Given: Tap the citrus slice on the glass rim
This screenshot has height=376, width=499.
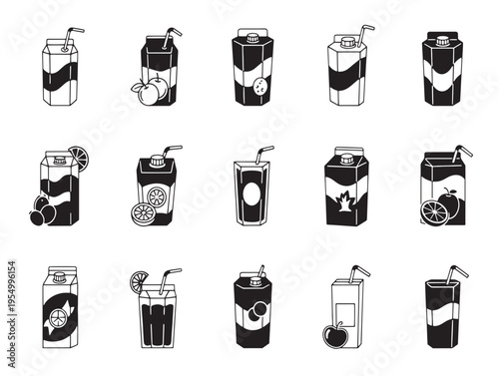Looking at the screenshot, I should coord(144,280).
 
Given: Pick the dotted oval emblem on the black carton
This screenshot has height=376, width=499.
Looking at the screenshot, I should coord(262,84).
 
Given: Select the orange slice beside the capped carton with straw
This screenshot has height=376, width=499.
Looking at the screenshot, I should coord(142,212).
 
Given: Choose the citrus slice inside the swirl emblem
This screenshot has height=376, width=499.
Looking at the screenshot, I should coord(59,320).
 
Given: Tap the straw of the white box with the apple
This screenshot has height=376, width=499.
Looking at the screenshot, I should coord(359,271).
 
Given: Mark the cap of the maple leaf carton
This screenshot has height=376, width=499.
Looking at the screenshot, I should coord(346,157).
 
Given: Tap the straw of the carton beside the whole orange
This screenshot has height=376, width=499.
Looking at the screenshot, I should coord(463,154).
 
